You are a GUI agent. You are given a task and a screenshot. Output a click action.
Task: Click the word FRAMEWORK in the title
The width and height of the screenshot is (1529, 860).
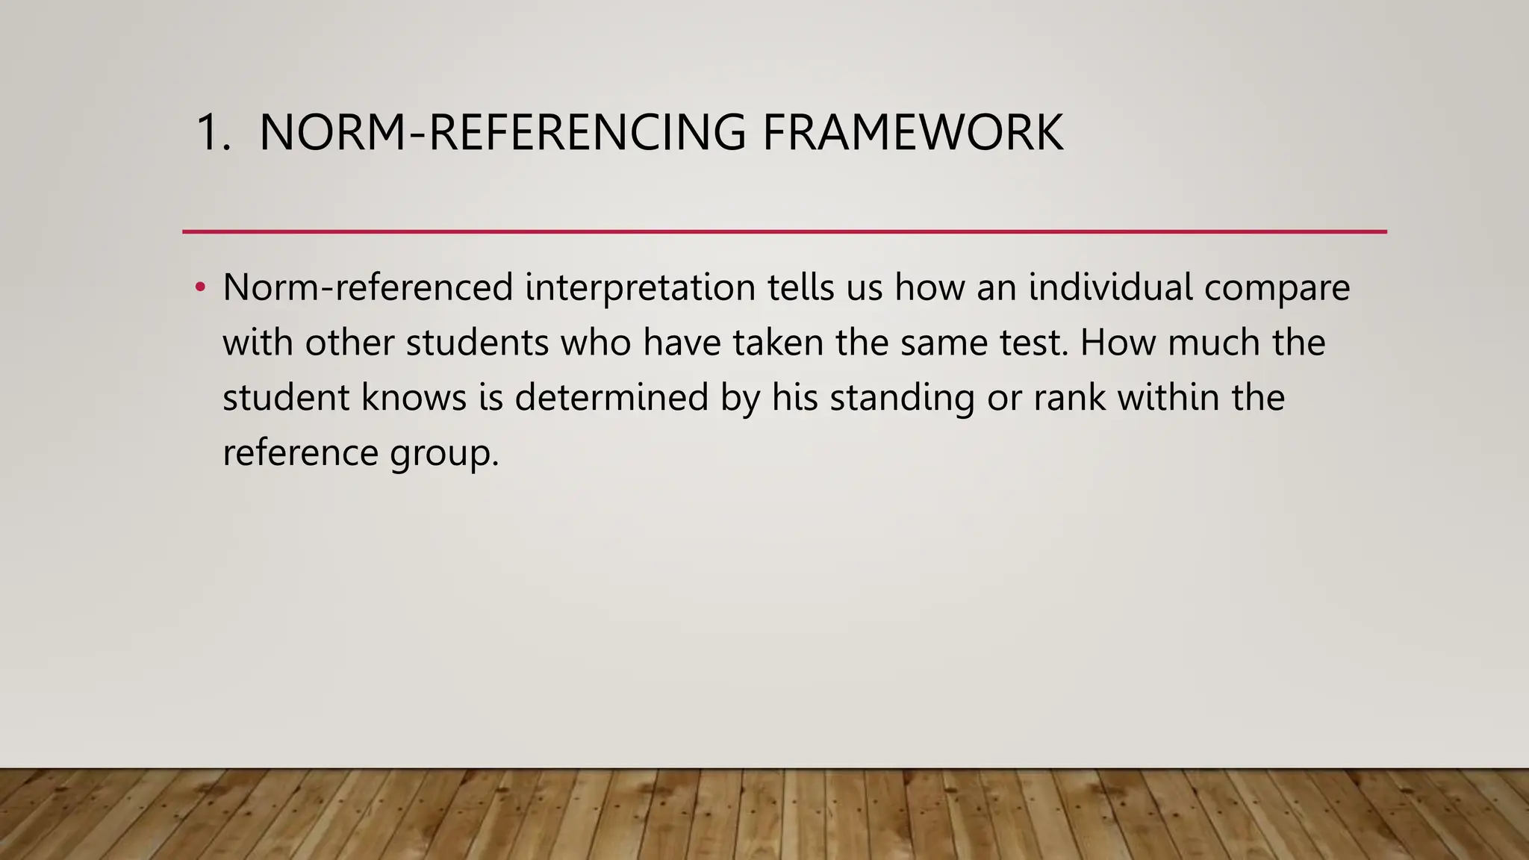tap(912, 133)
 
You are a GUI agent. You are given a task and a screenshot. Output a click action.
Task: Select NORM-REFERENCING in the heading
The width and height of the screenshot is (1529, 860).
tap(502, 133)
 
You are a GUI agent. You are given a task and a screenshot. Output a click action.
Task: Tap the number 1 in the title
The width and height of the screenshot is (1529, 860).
tap(209, 133)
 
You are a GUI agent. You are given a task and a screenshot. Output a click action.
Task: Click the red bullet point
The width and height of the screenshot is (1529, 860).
tap(199, 287)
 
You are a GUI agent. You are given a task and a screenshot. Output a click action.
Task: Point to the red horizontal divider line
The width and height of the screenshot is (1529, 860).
tap(784, 231)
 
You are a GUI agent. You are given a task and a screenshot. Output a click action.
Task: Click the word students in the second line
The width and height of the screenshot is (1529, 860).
tap(477, 343)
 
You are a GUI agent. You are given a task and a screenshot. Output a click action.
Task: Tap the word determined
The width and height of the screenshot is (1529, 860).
tap(611, 397)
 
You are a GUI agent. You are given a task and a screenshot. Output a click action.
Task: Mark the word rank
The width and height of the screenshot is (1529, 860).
tap(1069, 397)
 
